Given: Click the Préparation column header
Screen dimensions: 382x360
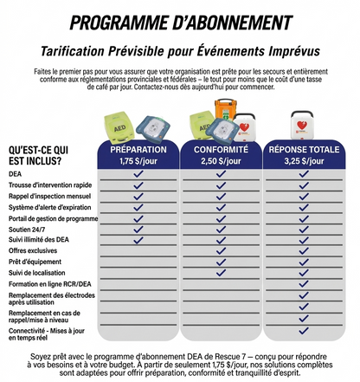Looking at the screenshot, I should (139, 150).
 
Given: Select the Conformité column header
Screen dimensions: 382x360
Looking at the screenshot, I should (222, 150).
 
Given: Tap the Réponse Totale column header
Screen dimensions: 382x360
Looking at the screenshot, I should (304, 150).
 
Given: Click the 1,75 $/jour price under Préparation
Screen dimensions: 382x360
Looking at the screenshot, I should (139, 161).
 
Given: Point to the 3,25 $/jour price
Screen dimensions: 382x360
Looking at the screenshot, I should (304, 161).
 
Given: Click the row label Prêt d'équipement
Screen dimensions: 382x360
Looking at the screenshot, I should (35, 262).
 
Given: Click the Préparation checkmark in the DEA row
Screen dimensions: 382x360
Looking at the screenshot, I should (139, 174).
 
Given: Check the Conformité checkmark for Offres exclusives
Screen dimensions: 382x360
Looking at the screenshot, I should (222, 250).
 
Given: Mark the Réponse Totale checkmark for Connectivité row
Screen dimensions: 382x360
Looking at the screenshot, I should (304, 333).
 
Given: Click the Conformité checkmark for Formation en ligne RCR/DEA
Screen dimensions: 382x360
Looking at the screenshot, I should (222, 284).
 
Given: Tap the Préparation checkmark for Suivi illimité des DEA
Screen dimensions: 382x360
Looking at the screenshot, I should (139, 240).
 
